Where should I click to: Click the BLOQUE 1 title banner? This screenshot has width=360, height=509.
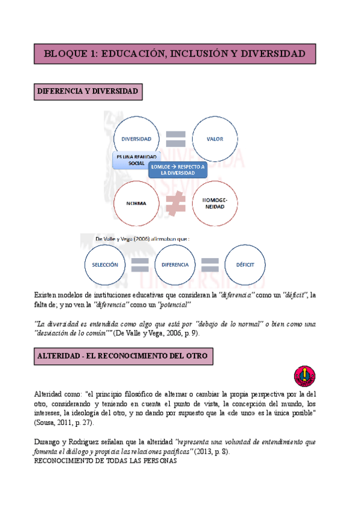175,53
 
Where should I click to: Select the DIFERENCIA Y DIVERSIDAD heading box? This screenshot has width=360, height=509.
88,92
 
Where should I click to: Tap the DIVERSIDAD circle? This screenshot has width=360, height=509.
136,139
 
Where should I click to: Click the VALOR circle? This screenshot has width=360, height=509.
215,139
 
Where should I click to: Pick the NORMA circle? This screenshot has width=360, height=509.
136,203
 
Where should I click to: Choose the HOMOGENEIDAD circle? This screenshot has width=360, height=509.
215,203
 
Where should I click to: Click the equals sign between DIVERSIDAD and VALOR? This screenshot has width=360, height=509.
176,139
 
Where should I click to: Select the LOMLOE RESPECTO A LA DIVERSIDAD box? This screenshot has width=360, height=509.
178,170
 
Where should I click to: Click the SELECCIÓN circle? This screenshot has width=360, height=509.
106,264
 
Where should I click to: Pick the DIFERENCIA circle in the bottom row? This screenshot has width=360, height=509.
175,264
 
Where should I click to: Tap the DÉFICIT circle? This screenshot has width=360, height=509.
245,264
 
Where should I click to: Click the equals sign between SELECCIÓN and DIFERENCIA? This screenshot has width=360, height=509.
140,264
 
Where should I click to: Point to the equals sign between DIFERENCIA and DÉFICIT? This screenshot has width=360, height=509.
209,264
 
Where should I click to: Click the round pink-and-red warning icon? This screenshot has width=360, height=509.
304,376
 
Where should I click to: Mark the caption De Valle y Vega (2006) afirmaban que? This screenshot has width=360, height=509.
143,238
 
